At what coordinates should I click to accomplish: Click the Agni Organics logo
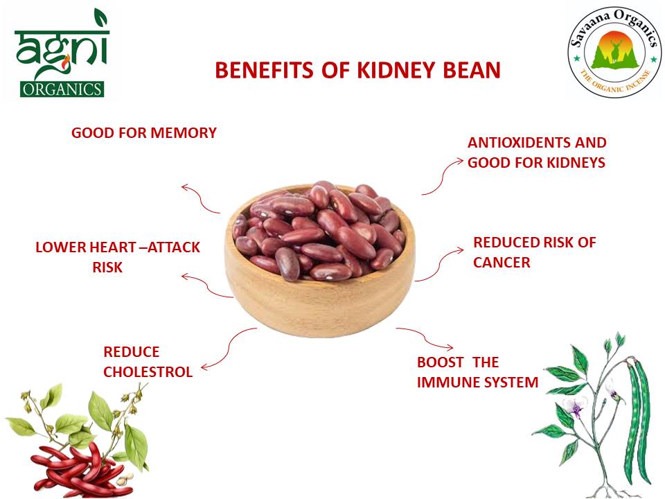[x=60, y=54]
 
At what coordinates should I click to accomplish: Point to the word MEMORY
[x=182, y=132]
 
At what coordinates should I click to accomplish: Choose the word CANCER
[x=502, y=263]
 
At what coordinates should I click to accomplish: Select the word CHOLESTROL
[x=148, y=371]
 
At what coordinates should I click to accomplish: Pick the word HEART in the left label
[x=113, y=247]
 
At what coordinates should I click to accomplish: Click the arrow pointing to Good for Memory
[x=200, y=199]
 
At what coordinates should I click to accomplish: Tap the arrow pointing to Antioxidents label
[x=441, y=176]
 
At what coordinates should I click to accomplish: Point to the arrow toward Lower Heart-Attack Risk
[x=206, y=285]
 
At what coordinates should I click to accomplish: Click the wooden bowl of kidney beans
[x=319, y=260]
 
